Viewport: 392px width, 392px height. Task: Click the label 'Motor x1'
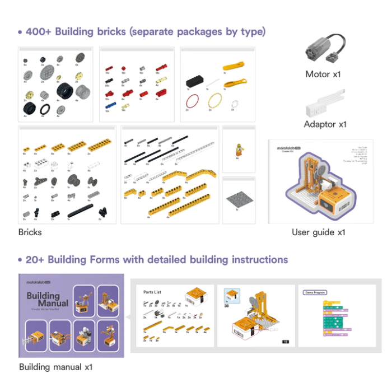click(x=323, y=74)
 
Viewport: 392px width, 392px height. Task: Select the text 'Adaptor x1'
click(x=325, y=124)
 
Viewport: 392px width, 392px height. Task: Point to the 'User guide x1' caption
click(x=319, y=232)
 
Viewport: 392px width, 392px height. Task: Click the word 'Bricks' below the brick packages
click(x=30, y=232)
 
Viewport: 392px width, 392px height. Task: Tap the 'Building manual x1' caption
click(x=55, y=367)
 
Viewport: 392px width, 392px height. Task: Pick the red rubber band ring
click(x=193, y=101)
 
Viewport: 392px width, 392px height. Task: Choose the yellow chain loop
click(x=214, y=101)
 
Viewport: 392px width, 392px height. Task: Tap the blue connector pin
click(x=110, y=105)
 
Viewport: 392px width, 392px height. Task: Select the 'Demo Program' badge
click(x=315, y=292)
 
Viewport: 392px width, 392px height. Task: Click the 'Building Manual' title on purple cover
click(x=48, y=300)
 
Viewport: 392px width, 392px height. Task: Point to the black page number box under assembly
click(x=285, y=341)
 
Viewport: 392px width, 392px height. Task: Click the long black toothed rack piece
click(x=82, y=213)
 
